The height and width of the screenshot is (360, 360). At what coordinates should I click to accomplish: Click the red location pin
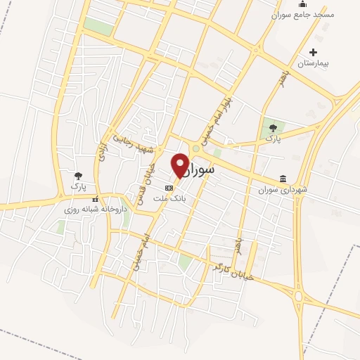tap(180, 165)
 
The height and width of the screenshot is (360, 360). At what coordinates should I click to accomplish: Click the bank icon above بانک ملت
tap(169, 188)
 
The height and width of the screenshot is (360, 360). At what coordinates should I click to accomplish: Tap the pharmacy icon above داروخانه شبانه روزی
tap(95, 200)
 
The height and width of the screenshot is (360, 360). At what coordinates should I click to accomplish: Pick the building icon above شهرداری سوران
tap(283, 178)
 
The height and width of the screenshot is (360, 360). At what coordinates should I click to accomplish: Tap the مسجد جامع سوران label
tap(303, 14)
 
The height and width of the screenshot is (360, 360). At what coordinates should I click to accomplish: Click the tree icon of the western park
tap(78, 176)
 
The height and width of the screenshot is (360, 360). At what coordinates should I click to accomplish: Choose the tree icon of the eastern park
tap(273, 127)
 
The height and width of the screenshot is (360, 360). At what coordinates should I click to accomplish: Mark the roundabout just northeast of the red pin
tap(195, 148)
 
